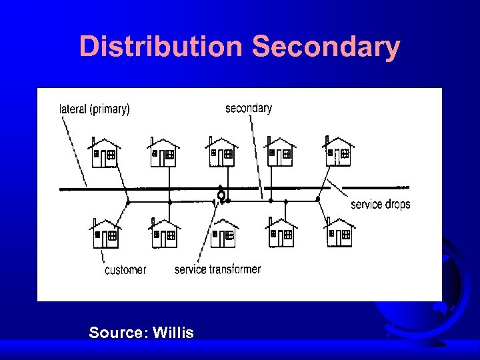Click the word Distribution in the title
162,47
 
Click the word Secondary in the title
326,47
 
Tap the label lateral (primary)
95,109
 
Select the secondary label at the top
248,107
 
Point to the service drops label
380,204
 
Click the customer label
125,269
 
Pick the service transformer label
217,269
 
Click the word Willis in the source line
173,332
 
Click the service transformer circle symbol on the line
221,195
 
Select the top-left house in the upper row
105,153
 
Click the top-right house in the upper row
338,153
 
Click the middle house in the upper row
221,153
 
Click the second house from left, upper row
163,153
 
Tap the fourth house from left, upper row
280,153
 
